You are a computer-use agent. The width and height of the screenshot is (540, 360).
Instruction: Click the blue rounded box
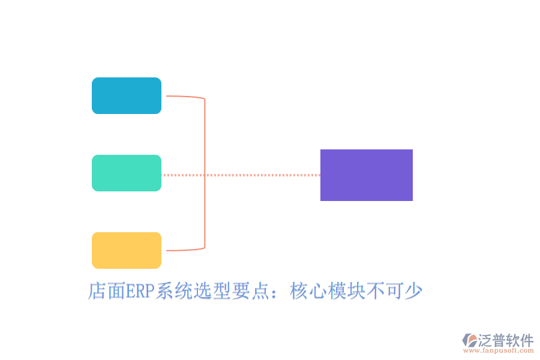(x=127, y=95)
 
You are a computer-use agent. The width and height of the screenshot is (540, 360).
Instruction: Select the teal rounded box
(x=127, y=173)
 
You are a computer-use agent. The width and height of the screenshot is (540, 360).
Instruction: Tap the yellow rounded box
(x=127, y=250)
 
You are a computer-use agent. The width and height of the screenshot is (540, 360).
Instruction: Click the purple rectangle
(x=367, y=175)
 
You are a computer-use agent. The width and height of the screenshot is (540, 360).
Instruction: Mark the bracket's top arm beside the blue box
(x=183, y=96)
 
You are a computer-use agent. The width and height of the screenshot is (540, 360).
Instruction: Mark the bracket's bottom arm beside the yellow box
(x=183, y=250)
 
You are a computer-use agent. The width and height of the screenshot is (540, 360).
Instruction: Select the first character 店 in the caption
(x=97, y=292)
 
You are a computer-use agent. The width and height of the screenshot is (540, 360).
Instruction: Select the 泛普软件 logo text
(x=505, y=340)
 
